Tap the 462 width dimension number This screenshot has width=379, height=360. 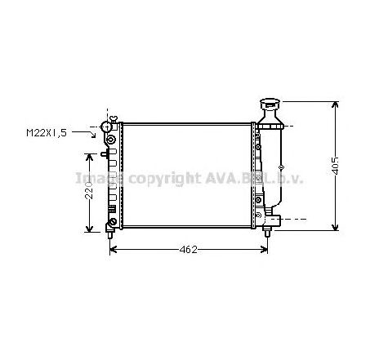pos(189,248)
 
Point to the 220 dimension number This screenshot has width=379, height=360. pos(92,193)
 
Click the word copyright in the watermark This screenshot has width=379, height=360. pos(163,177)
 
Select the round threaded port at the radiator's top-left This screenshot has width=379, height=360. pos(105,127)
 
